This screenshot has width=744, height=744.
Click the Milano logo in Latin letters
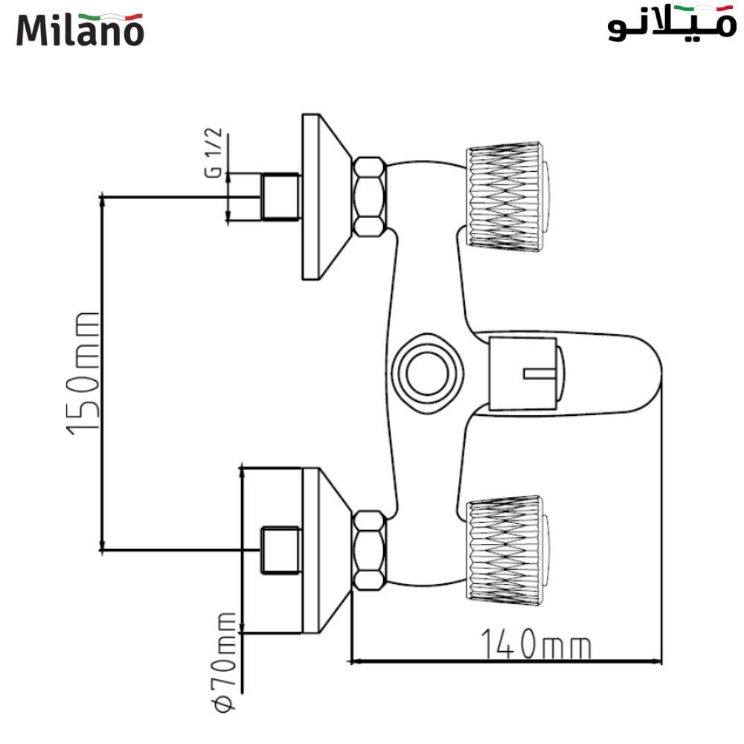80,30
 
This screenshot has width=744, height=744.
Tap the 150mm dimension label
83,374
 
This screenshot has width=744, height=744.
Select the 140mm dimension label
536,644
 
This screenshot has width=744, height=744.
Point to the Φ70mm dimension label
225,662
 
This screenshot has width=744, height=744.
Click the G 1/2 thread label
214,153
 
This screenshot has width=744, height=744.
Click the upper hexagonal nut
369,197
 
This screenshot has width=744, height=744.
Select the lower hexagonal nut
369,551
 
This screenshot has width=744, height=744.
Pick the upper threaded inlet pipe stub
281,196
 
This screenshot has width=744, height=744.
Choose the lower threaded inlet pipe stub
281,550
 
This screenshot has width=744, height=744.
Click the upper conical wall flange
327,196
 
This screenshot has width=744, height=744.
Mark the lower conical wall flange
327,551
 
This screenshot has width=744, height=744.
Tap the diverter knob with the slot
527,373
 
